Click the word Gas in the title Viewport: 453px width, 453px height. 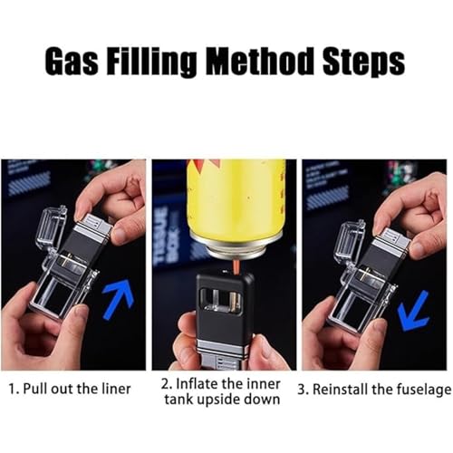[72, 61]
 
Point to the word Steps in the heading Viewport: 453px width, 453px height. [364, 62]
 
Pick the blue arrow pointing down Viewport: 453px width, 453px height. [413, 311]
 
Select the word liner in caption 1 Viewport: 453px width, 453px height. [116, 389]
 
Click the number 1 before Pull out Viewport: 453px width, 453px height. [13, 389]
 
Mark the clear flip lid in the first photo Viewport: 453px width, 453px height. [53, 228]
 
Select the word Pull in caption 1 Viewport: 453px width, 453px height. [35, 389]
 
